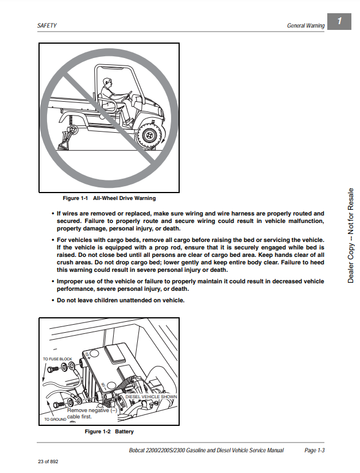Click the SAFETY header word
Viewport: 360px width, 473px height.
click(x=47, y=26)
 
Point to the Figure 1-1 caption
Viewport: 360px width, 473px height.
click(x=109, y=198)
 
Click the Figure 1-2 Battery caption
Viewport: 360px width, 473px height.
click(x=109, y=431)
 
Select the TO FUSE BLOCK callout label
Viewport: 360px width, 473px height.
click(x=58, y=359)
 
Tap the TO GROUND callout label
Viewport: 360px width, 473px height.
click(x=56, y=420)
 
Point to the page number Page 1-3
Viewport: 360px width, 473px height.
click(x=315, y=450)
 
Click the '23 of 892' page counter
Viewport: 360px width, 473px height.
click(x=48, y=462)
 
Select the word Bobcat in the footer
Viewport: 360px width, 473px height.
click(x=140, y=450)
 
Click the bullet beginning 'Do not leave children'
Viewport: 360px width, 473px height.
click(x=121, y=301)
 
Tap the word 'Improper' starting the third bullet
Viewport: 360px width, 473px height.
click(x=70, y=282)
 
